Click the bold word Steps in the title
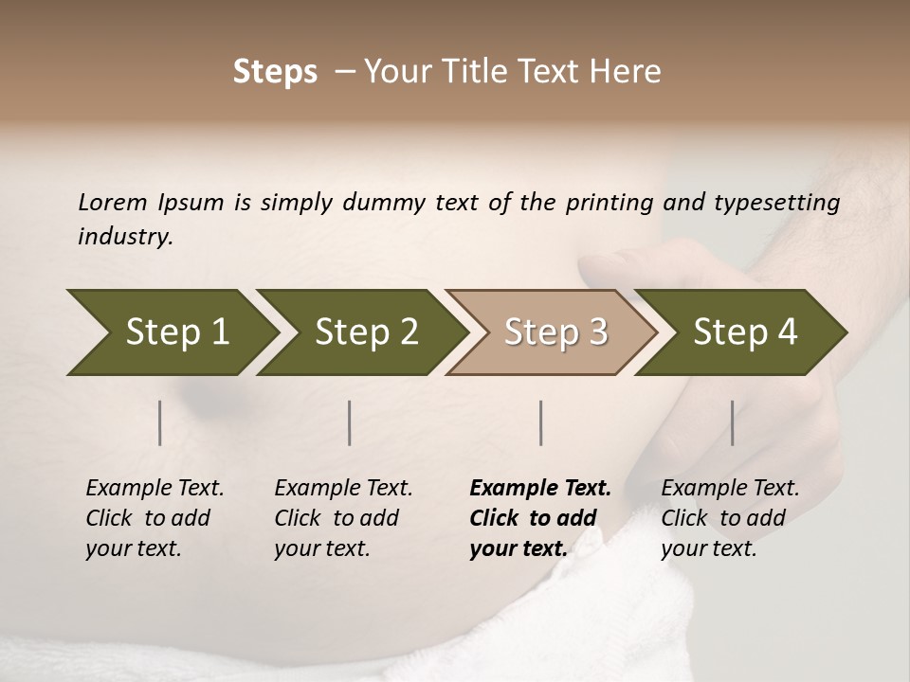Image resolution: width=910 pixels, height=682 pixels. click(x=275, y=72)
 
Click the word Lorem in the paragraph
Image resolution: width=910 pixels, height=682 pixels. click(x=113, y=202)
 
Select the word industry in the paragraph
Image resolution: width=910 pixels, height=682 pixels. click(x=124, y=237)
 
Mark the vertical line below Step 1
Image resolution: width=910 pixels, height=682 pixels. click(x=160, y=422)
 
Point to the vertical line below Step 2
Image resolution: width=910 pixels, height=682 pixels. click(x=350, y=422)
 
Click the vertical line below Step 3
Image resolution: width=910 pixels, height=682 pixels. click(x=541, y=422)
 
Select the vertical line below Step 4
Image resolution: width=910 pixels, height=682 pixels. click(x=733, y=422)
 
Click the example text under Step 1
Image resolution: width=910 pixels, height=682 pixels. click(x=154, y=518)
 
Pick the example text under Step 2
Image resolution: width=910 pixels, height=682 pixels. click(x=342, y=518)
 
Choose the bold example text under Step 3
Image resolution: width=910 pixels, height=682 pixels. click(x=538, y=518)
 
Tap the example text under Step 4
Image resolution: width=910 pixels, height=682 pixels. click(x=729, y=518)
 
